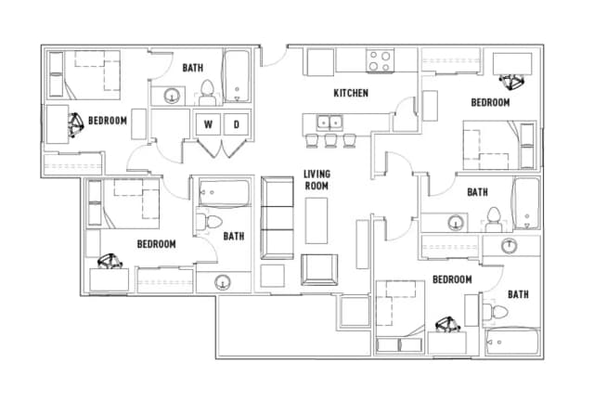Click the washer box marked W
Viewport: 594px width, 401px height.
(x=208, y=124)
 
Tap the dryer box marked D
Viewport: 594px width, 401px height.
(x=237, y=124)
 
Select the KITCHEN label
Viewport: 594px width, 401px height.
(x=351, y=93)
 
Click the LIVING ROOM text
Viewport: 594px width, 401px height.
(x=316, y=180)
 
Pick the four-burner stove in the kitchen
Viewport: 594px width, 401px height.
(x=380, y=60)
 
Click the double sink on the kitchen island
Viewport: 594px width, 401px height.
(x=329, y=123)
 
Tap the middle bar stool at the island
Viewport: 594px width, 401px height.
(x=330, y=140)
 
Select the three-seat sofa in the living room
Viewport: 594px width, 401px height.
(x=278, y=218)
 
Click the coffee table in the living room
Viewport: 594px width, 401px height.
(x=316, y=221)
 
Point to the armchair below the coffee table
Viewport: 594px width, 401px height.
(x=319, y=269)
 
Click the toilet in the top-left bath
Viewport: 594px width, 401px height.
(x=207, y=93)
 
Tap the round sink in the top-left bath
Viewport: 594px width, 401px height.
(x=172, y=96)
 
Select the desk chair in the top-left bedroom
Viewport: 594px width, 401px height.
(x=75, y=124)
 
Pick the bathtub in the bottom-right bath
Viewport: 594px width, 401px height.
(x=512, y=343)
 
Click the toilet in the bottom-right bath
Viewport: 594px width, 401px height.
(x=496, y=312)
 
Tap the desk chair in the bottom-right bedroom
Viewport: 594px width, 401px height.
(x=448, y=325)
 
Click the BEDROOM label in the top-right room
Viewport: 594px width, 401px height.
(x=490, y=102)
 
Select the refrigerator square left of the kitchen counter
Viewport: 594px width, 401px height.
(x=320, y=62)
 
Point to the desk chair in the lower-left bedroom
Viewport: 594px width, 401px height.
(x=110, y=261)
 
